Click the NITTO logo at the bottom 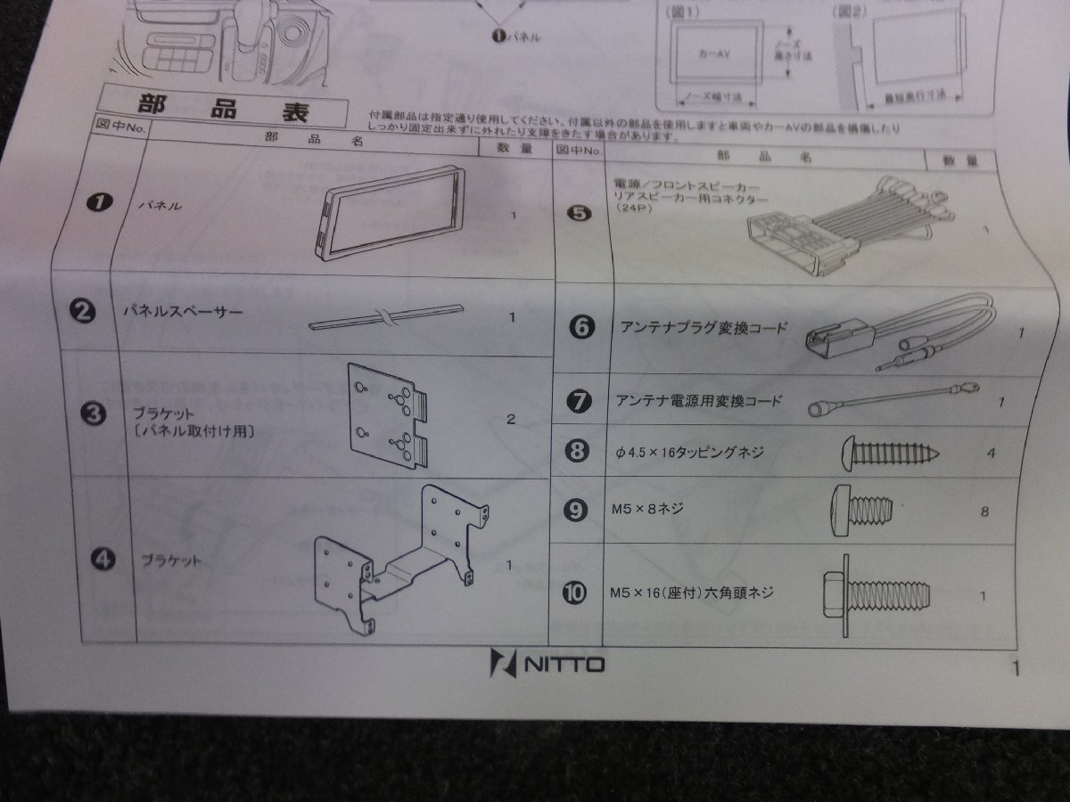point(547,664)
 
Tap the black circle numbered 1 point(97,203)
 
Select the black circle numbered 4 point(103,560)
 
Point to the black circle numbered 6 point(580,327)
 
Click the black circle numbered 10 point(576,592)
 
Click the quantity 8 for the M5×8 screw point(984,511)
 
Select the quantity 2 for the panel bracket point(510,419)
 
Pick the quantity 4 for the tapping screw point(991,453)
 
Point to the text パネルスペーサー point(183,314)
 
